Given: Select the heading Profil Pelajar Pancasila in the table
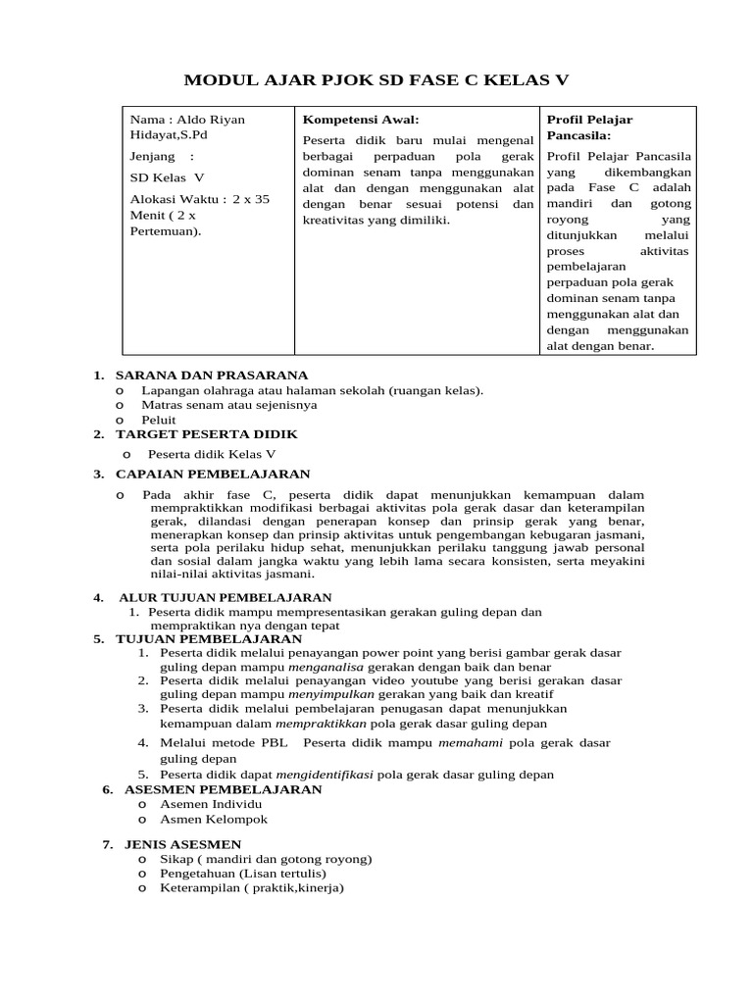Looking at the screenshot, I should (x=589, y=127).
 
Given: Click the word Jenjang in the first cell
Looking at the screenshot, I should (x=153, y=156).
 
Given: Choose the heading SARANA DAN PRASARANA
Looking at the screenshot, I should (x=212, y=375).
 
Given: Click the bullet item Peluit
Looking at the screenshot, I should (x=159, y=419).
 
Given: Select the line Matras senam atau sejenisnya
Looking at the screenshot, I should (x=229, y=404).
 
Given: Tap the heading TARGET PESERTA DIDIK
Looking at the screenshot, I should (x=207, y=433).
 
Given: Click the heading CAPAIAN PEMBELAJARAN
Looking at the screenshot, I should (x=213, y=475).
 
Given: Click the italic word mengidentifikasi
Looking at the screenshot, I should (x=326, y=774).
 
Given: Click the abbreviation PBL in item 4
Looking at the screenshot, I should (x=273, y=743).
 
